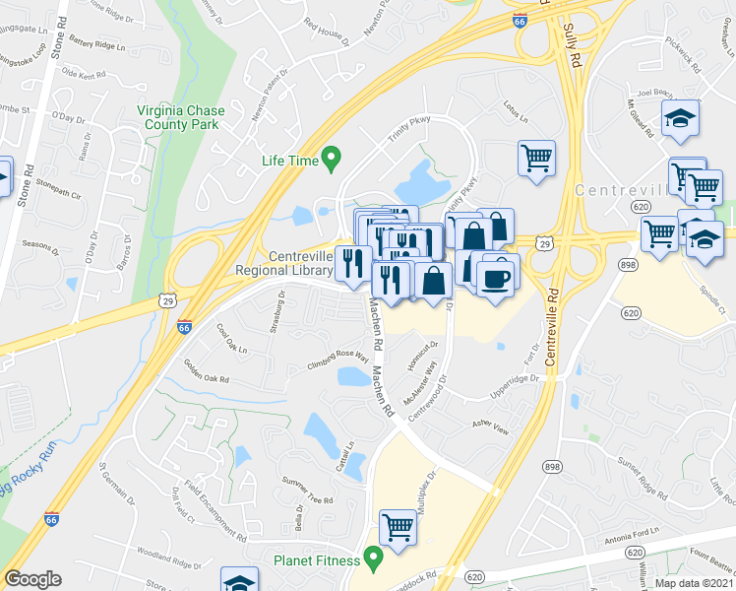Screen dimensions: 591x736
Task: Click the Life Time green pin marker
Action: (332, 157)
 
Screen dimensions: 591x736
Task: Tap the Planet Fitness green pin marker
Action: (373, 558)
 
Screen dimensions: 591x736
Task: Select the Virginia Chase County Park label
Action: (178, 118)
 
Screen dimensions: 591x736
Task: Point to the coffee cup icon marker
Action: (498, 276)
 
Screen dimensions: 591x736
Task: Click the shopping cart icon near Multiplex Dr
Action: (398, 528)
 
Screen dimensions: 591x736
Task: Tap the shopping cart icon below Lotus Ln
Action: (536, 158)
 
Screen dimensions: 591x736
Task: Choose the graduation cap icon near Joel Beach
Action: (680, 118)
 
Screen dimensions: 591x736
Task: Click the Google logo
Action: (32, 579)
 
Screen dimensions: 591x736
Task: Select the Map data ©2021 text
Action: (695, 583)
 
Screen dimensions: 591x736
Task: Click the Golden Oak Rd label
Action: (206, 371)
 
